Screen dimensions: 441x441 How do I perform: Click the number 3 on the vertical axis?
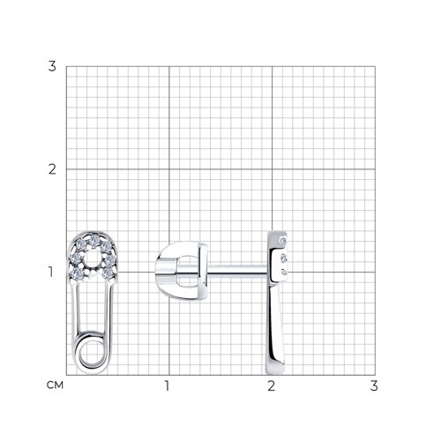pos(52,66)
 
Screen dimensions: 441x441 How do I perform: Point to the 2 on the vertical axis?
pos(52,169)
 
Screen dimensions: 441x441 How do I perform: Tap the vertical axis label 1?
pos(51,272)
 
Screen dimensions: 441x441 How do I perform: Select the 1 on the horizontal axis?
pos(167,385)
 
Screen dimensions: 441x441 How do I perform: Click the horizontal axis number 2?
pos(272,385)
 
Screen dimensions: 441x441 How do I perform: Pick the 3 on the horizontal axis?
pos(374,385)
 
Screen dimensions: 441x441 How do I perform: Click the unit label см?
pos(55,385)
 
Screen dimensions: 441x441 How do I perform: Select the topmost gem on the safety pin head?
pos(93,241)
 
